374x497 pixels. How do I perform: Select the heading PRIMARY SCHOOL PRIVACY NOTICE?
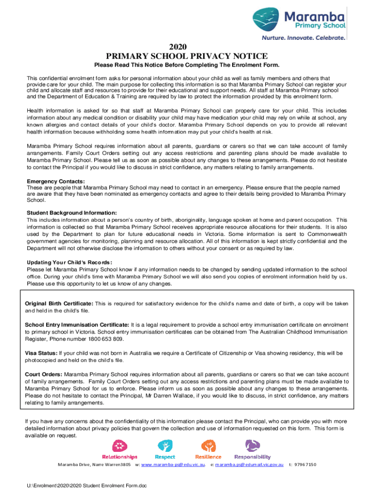pos(187,56)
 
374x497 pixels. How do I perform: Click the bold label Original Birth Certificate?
pos(59,304)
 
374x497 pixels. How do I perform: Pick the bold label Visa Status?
pos(40,353)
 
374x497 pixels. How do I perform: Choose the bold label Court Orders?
pos(43,374)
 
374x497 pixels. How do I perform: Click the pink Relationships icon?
pos(119,446)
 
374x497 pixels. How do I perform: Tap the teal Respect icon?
pos(165,446)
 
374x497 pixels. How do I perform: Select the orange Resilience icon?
pos(208,446)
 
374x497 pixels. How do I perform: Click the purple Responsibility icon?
pos(252,446)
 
